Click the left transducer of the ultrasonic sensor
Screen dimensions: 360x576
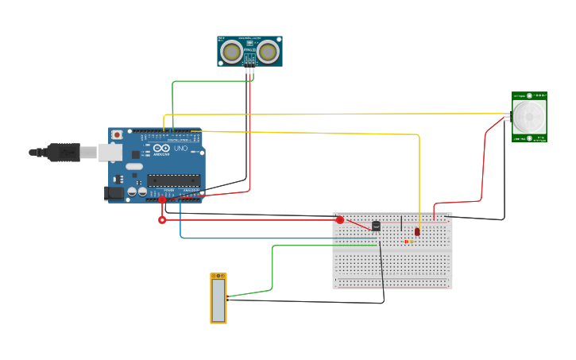[232, 52]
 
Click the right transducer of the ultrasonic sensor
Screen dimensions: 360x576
[269, 52]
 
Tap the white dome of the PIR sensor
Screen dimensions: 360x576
[529, 117]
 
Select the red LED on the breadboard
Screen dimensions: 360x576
[417, 231]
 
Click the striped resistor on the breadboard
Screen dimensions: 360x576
[408, 242]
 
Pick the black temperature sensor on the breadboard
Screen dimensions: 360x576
[376, 226]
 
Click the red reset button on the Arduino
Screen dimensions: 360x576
[117, 135]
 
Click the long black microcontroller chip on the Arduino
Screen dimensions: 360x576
[173, 180]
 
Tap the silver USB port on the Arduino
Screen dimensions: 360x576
[109, 152]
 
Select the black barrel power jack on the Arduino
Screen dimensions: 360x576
[114, 193]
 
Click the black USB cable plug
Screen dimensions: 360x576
[64, 152]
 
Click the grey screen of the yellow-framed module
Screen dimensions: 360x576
[218, 298]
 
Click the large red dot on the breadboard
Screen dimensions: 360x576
[340, 220]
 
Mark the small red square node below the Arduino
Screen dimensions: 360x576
[162, 220]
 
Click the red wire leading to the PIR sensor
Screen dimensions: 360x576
[481, 167]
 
